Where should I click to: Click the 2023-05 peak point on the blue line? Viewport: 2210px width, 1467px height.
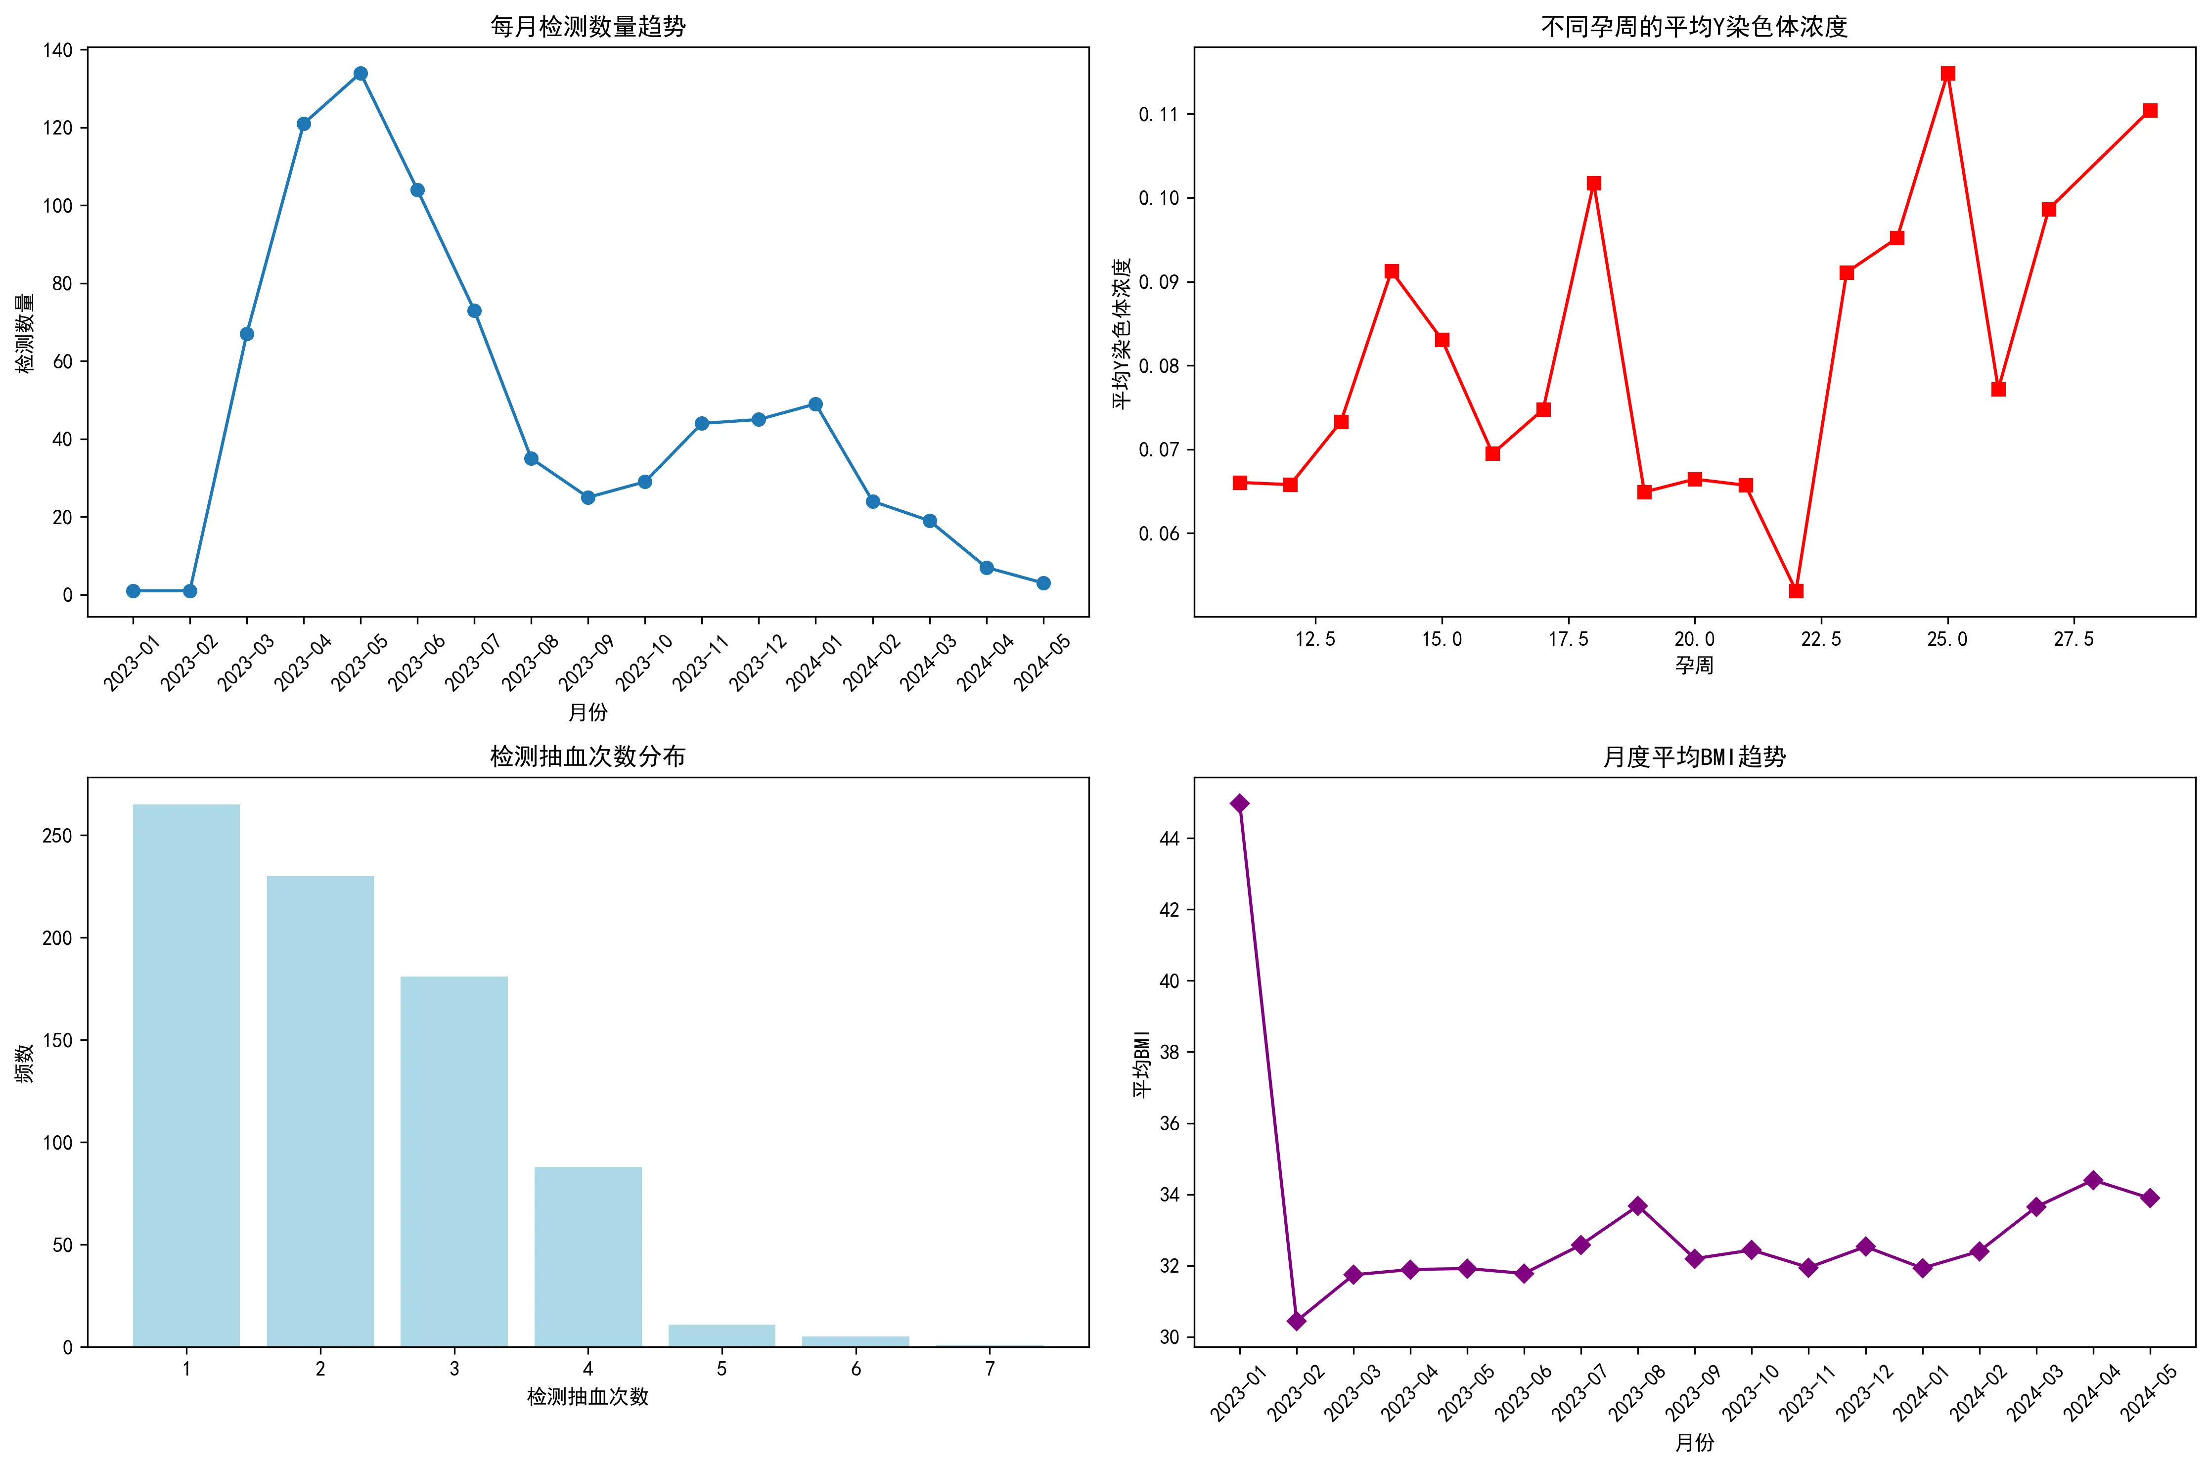click(x=360, y=73)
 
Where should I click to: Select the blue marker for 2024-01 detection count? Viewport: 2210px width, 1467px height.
click(x=815, y=404)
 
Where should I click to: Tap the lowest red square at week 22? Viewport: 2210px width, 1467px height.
click(x=1796, y=590)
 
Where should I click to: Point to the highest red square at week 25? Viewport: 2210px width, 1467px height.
click(x=1947, y=73)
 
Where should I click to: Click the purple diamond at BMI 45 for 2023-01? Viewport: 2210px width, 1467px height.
click(x=1240, y=803)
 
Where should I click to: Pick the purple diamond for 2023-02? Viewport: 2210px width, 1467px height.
click(x=1296, y=1320)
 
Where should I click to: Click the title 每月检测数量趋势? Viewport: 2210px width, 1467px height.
click(x=587, y=26)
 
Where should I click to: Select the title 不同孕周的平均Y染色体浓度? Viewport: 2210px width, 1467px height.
click(x=1694, y=26)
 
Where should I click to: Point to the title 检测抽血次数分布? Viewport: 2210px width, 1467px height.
click(x=587, y=756)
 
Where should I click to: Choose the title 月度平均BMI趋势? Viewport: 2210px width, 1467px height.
click(x=1694, y=756)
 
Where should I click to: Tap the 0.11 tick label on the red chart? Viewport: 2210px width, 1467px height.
click(x=1158, y=114)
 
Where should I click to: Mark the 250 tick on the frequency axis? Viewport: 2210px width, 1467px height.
click(x=58, y=836)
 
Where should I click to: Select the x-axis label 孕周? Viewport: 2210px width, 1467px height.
click(x=1694, y=665)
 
